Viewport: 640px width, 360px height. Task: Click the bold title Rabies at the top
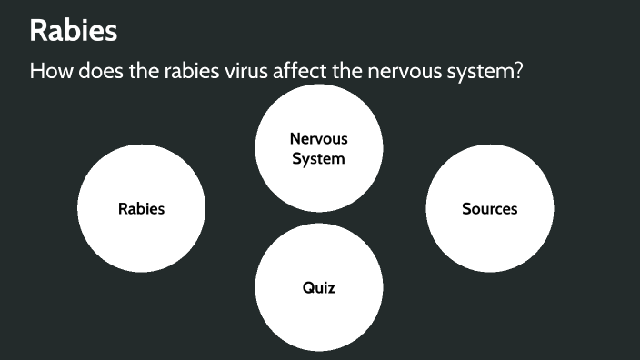74,31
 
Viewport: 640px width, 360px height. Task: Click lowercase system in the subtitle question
484,72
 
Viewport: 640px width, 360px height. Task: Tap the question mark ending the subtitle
518,70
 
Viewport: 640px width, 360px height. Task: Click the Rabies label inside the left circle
141,209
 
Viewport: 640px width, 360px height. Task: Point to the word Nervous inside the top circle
318,139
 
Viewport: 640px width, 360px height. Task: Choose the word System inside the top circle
318,158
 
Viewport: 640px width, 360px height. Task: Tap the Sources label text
489,209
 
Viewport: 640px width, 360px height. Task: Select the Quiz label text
318,288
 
